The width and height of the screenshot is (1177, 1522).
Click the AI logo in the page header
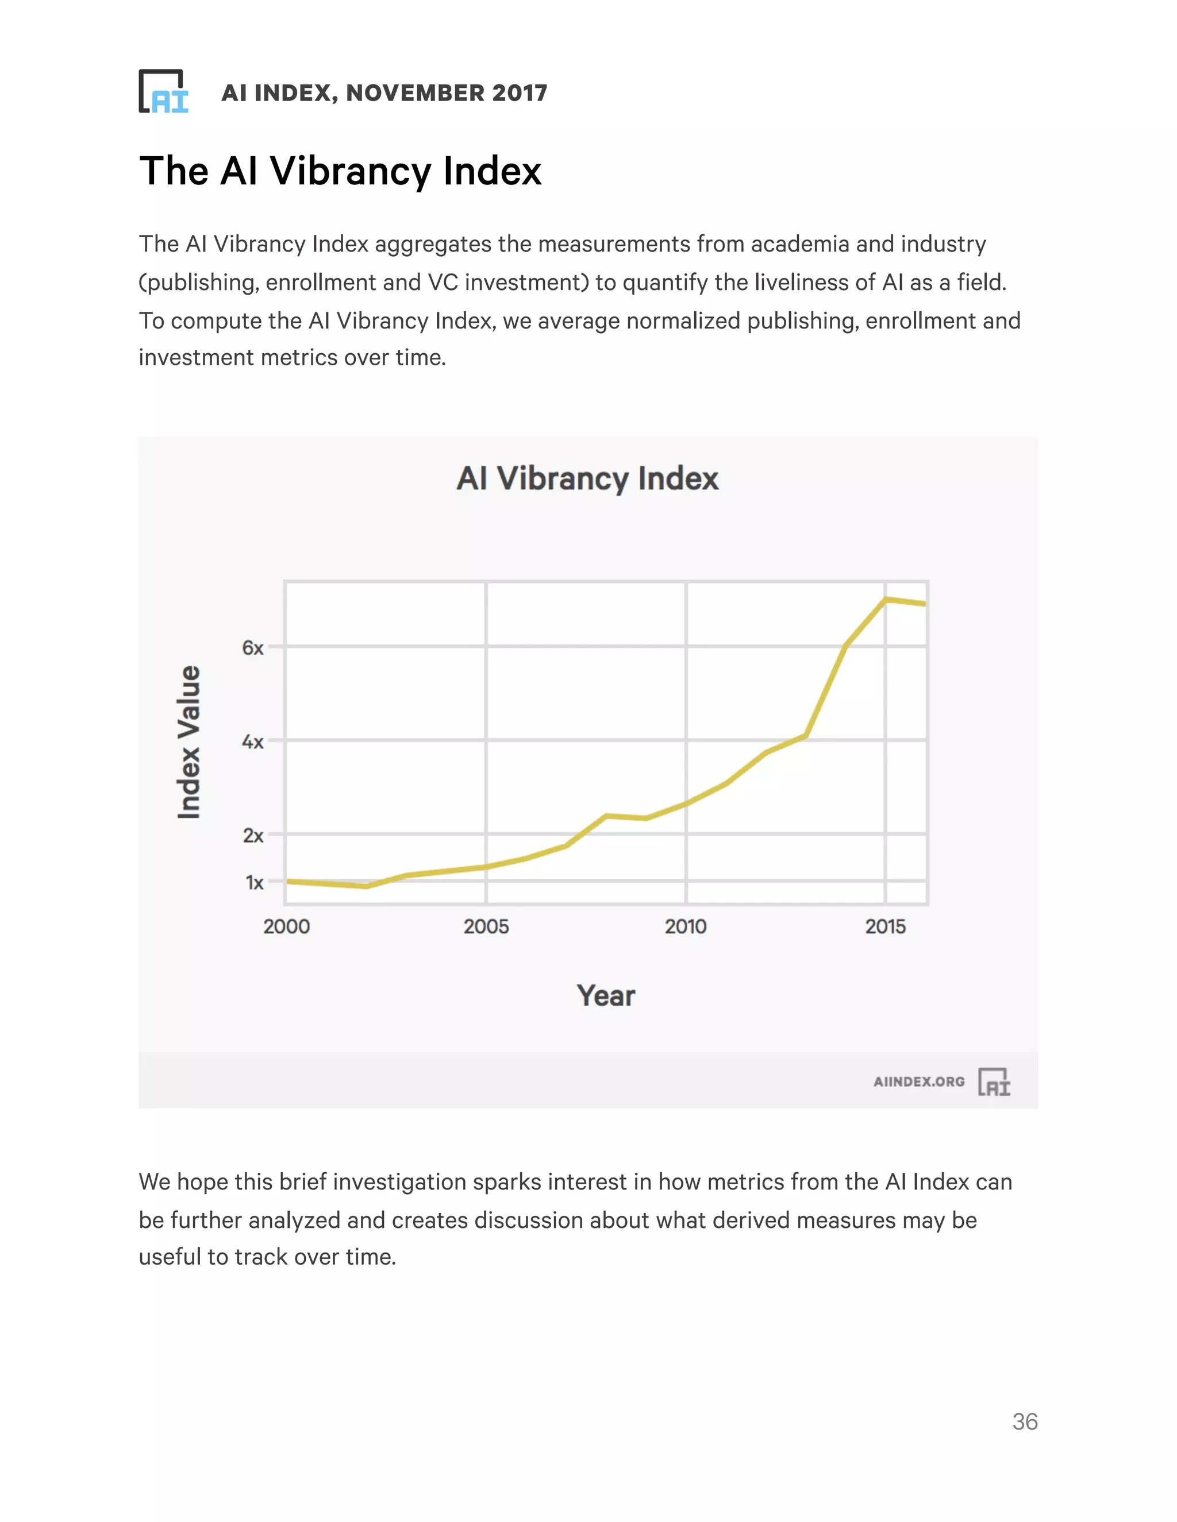163,91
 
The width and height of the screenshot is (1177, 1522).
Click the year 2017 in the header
519,92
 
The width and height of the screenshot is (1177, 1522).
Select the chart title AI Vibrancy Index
587,479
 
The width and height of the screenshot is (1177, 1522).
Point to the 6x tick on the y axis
252,648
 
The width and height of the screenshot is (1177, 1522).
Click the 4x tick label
252,741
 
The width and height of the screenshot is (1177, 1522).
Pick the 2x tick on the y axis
252,835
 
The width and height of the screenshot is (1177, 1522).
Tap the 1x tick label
254,882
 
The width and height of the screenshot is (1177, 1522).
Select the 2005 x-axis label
486,926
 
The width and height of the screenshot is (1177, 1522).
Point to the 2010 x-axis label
686,926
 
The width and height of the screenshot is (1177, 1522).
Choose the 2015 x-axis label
885,926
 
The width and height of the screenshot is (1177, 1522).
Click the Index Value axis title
189,741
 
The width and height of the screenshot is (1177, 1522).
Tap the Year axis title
605,995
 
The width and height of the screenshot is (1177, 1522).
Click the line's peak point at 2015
886,599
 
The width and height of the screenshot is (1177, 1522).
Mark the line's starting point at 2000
288,882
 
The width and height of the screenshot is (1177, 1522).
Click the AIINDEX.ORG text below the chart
918,1081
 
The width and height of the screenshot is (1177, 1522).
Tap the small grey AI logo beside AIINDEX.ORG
994,1081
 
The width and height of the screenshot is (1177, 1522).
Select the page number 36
1024,1421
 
